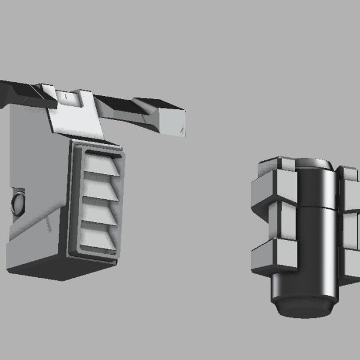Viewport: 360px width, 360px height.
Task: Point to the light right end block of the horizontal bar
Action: pyautogui.click(x=170, y=119)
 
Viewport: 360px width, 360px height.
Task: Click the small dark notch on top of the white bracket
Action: pyautogui.click(x=62, y=95)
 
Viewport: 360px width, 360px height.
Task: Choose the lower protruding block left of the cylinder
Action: pyautogui.click(x=273, y=258)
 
